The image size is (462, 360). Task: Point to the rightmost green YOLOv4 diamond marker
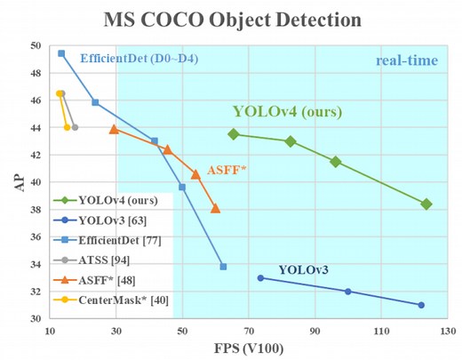click(x=426, y=204)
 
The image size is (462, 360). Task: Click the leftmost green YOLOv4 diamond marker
click(x=234, y=134)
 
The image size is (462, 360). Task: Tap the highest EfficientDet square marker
click(x=61, y=53)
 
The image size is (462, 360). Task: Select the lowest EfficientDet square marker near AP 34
click(x=223, y=267)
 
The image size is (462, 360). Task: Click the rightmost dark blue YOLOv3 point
click(x=421, y=305)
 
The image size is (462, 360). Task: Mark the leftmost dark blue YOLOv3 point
click(x=260, y=277)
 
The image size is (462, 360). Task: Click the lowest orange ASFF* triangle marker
click(x=215, y=209)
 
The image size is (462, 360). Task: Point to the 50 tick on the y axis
click(x=35, y=45)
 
